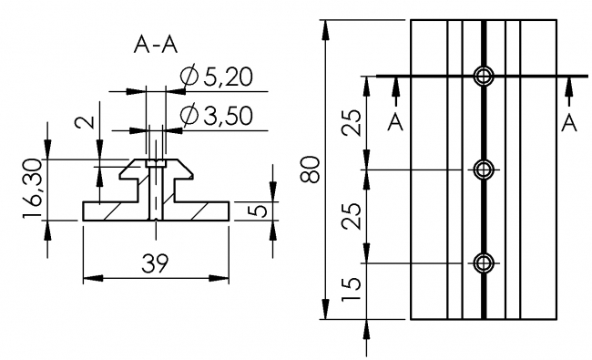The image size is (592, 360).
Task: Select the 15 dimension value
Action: (x=353, y=291)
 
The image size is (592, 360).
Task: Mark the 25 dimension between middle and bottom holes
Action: (x=353, y=216)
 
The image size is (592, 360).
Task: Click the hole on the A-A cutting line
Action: (x=483, y=76)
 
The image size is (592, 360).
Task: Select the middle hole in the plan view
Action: (x=483, y=170)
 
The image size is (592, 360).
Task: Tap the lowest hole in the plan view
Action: (x=483, y=262)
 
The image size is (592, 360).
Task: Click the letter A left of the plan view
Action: (x=395, y=122)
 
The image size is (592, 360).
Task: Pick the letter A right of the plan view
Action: (x=568, y=122)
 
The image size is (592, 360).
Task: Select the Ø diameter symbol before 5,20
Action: (x=189, y=78)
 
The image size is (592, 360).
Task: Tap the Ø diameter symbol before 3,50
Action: (x=189, y=116)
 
